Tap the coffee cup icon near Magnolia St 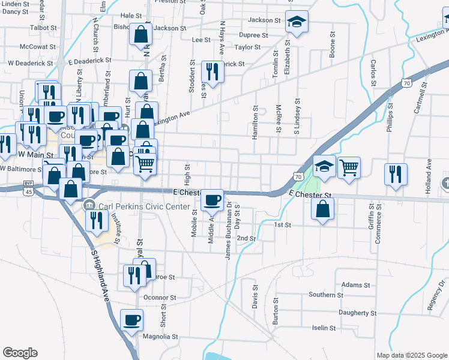(132, 320)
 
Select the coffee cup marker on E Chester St (211, 200)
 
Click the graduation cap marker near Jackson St (297, 23)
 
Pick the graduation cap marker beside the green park (324, 166)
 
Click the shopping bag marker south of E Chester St (323, 209)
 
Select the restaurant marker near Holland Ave (396, 174)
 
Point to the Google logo (20, 353)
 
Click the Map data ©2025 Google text (411, 355)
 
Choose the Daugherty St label (357, 313)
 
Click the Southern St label (326, 295)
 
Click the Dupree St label (249, 35)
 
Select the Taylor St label (247, 47)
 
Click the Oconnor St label (160, 297)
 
